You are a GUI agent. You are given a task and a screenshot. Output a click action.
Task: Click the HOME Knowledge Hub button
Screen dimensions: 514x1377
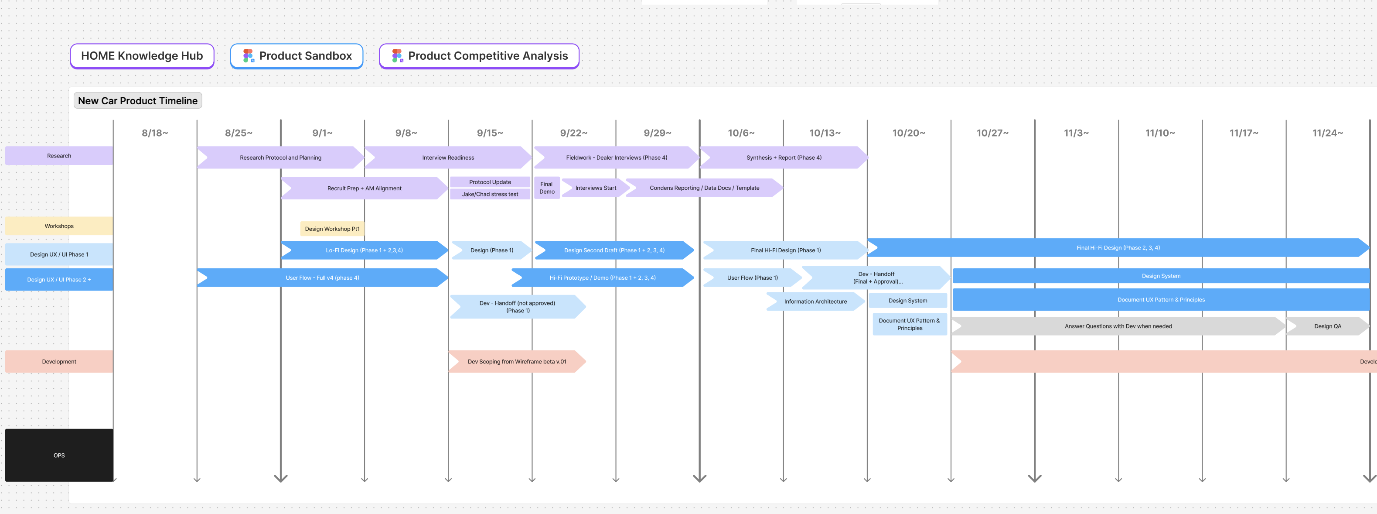pos(142,56)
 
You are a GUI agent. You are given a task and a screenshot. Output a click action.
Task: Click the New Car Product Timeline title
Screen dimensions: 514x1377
pos(137,100)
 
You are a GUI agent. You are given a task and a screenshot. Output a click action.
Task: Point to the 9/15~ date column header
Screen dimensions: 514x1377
pos(490,133)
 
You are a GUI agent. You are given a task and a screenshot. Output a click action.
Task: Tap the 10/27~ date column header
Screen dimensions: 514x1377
pos(992,133)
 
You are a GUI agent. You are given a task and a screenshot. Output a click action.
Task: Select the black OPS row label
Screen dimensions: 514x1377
pos(59,455)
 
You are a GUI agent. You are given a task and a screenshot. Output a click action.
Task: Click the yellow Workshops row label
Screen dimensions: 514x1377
pos(59,226)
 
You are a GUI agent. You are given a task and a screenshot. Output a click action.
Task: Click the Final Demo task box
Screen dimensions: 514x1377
pos(546,188)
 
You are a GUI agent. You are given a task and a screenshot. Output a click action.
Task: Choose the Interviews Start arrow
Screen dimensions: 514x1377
pos(595,188)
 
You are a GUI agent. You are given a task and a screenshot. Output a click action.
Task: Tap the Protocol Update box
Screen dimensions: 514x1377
pos(490,182)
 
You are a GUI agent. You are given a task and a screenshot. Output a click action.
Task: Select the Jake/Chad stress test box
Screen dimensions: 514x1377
pos(490,194)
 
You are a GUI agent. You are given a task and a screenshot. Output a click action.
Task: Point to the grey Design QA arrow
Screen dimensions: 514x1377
pos(1327,326)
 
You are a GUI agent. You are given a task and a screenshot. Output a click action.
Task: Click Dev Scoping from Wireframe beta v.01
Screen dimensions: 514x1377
pos(516,362)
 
